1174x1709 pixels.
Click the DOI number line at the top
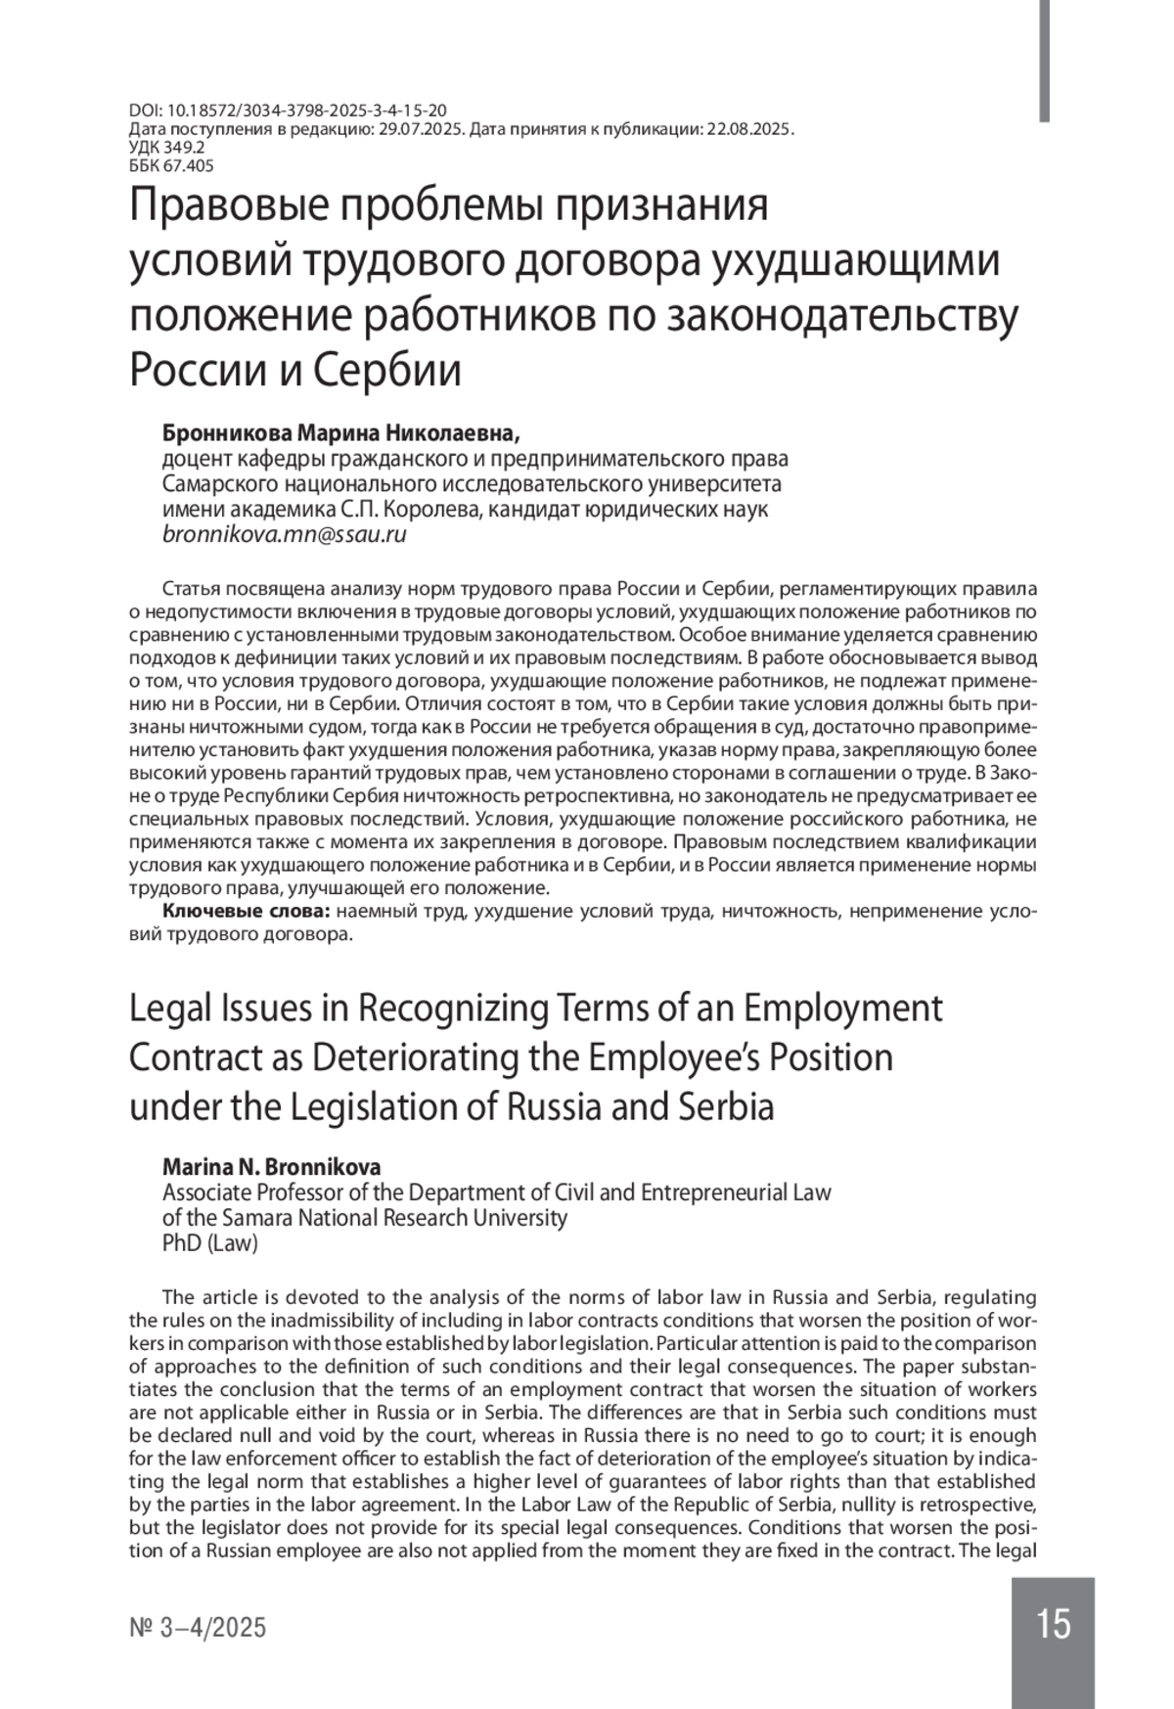point(289,112)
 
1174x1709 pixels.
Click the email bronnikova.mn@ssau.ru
point(284,535)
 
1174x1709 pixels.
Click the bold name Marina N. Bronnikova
point(271,1167)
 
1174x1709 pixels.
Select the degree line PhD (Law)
point(209,1243)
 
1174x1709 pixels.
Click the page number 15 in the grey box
point(1053,1625)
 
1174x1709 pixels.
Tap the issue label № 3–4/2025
point(198,1628)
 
